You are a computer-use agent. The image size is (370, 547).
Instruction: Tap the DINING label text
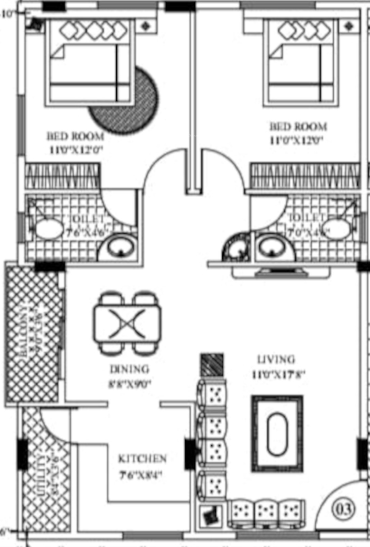[x=129, y=369]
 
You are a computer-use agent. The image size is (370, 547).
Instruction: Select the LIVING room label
[x=276, y=360]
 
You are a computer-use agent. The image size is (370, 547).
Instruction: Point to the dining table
[x=127, y=323]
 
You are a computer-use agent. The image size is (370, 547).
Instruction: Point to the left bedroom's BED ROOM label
[x=75, y=136]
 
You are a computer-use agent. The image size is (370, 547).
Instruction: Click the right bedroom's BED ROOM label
[x=298, y=127]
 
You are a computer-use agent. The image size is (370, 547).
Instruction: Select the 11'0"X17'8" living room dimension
[x=279, y=375]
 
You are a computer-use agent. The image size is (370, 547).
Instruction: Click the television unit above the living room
[x=281, y=273]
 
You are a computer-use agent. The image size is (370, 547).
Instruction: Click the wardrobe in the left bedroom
[x=63, y=176]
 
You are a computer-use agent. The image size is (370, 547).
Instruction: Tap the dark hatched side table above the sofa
[x=212, y=365]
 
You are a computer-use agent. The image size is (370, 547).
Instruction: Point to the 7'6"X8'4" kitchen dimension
[x=141, y=476]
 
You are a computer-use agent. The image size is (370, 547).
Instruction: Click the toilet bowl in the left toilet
[x=49, y=229]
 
